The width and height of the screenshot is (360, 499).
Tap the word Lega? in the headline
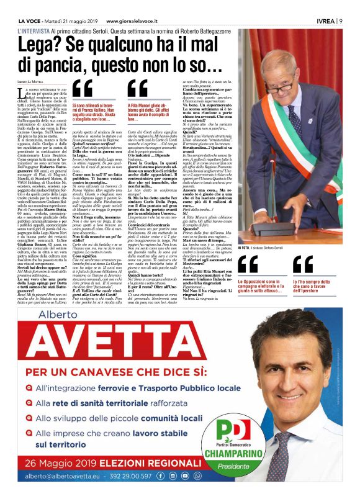pos(42,45)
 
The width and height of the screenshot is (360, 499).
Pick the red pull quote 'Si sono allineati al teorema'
pos(98,106)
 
